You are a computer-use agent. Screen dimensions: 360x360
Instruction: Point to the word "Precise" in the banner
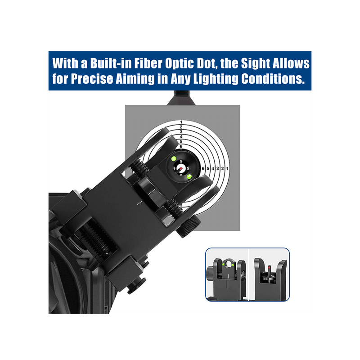click(x=92, y=79)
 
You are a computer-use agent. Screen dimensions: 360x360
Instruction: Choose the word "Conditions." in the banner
click(x=273, y=79)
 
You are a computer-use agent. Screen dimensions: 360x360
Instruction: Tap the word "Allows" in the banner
click(x=291, y=63)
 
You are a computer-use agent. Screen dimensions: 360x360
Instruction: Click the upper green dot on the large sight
click(x=174, y=158)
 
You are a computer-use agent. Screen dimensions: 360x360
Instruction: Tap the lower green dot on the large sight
click(x=189, y=176)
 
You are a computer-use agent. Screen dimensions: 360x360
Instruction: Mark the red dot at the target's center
click(x=181, y=168)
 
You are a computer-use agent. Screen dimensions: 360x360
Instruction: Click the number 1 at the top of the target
click(x=181, y=122)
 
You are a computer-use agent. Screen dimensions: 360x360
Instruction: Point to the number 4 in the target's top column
click(x=181, y=137)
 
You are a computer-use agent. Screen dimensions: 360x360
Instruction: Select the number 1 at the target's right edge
click(x=227, y=168)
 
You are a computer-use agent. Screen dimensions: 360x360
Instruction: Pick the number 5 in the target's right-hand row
click(x=208, y=168)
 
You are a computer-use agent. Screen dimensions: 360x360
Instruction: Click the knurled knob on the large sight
click(x=189, y=226)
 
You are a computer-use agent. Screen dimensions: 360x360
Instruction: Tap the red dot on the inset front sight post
click(x=269, y=268)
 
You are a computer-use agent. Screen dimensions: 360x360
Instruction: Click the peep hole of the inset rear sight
click(x=228, y=265)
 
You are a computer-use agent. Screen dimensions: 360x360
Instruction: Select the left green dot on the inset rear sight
click(x=223, y=265)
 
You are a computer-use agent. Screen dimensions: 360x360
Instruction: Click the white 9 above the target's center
click(x=181, y=162)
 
